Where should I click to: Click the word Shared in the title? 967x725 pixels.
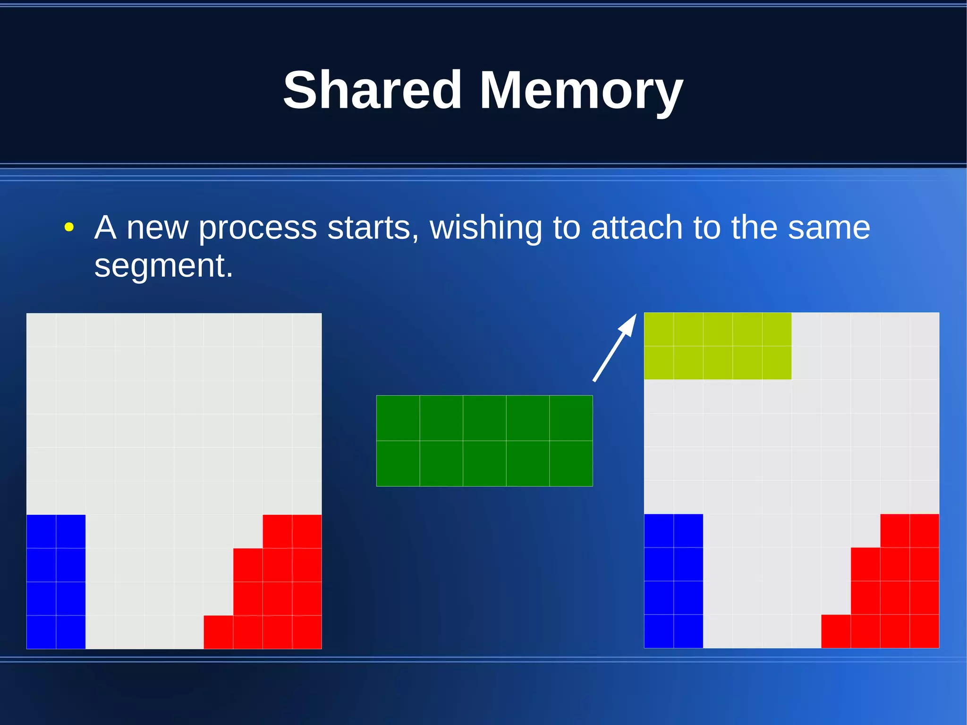(x=372, y=90)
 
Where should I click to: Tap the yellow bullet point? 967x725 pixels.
(x=69, y=227)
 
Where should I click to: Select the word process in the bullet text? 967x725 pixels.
(x=257, y=228)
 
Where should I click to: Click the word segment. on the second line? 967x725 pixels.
(x=163, y=266)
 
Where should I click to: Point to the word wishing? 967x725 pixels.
(x=486, y=228)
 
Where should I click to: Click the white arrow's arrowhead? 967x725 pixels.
(x=629, y=324)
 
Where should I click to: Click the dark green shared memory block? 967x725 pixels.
(x=484, y=441)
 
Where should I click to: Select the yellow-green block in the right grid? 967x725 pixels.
(x=717, y=346)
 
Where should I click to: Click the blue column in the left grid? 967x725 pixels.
(x=56, y=581)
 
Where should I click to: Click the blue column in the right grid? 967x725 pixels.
(x=673, y=580)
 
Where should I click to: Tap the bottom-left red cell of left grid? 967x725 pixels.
(x=218, y=632)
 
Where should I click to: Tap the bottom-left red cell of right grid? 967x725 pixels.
(x=836, y=631)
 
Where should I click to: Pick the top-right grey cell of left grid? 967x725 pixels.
(x=307, y=330)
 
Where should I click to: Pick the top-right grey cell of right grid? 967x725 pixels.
(x=924, y=329)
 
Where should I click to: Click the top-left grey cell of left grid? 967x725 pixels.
(x=41, y=330)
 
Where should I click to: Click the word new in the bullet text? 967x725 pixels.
(x=157, y=228)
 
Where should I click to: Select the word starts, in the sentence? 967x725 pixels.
(x=373, y=227)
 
